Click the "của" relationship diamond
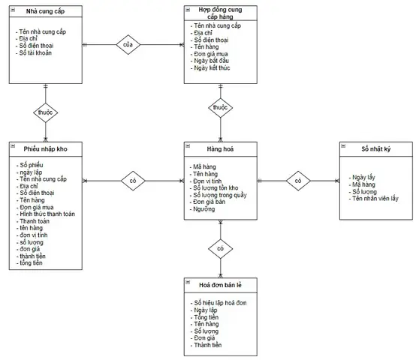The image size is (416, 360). click(x=128, y=44)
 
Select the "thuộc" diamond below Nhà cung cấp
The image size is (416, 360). click(x=46, y=112)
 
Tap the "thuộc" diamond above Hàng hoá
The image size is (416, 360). click(x=221, y=107)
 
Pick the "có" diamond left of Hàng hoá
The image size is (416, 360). click(x=133, y=181)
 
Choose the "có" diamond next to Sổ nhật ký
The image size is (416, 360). click(x=298, y=181)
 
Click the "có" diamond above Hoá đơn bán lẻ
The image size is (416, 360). click(x=221, y=249)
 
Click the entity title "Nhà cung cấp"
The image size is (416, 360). click(x=45, y=11)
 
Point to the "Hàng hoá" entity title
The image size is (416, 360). click(x=220, y=148)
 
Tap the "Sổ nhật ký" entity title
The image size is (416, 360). click(x=376, y=148)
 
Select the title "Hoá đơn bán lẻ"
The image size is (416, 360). click(x=220, y=285)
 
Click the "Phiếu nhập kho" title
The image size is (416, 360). click(x=45, y=148)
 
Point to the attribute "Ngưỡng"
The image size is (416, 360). click(x=202, y=209)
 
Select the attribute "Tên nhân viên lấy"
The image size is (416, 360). click(x=373, y=199)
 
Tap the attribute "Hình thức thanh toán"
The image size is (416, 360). click(x=46, y=214)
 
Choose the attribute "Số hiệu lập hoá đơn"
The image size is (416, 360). click(x=219, y=303)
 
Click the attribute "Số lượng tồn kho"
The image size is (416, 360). click(x=214, y=188)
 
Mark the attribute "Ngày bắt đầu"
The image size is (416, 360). click(x=210, y=61)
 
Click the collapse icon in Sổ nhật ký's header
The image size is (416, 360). click(x=343, y=145)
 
